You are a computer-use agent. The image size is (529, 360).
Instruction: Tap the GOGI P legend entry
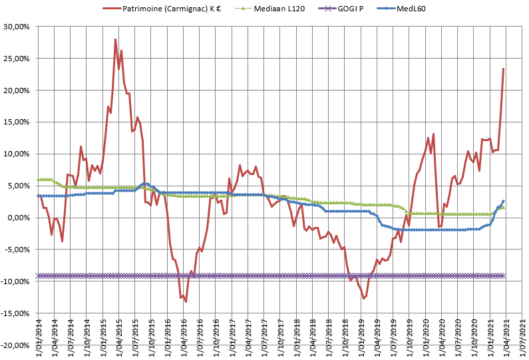coord(352,8)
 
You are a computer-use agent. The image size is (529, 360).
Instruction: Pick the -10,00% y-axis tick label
coord(17,281)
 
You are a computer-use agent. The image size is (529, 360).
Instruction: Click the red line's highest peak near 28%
coord(116,39)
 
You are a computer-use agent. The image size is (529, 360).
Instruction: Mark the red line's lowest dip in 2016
coord(186,302)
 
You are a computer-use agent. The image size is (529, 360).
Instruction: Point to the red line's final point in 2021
coord(504,69)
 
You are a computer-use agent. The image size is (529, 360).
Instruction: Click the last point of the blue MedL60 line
coord(504,201)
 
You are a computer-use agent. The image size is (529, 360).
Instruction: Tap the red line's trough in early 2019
coord(363,298)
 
